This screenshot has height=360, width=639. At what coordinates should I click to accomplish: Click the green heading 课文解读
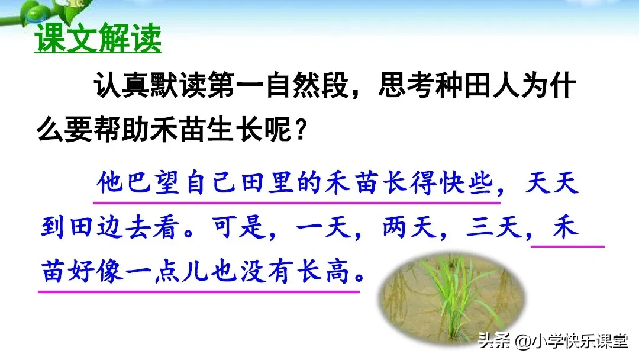pos(98,40)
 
